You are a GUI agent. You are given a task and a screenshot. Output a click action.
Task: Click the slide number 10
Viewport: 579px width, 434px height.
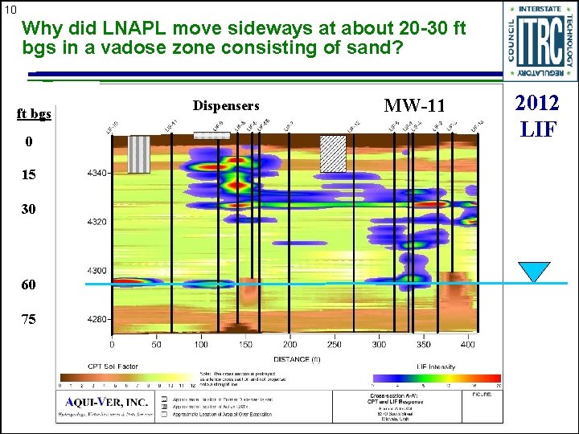tap(10, 10)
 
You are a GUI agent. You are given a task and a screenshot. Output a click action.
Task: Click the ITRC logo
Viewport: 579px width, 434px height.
tap(539, 40)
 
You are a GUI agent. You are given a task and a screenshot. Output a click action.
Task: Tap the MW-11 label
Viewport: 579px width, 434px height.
tap(413, 106)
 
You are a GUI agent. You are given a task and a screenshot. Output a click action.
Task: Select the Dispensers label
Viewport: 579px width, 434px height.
tap(226, 106)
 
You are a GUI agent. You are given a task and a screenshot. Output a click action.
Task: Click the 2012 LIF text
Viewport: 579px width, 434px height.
tap(537, 115)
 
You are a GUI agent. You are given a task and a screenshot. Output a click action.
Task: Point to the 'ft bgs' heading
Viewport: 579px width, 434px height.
tap(35, 113)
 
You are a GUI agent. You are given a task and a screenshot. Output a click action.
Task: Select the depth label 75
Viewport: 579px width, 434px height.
tap(29, 319)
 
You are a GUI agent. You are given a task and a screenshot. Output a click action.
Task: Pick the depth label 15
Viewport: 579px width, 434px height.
tap(29, 174)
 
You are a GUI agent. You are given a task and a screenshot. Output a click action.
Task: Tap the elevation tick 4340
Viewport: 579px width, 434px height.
tap(96, 174)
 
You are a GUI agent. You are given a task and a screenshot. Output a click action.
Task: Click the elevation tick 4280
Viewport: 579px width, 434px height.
tap(96, 319)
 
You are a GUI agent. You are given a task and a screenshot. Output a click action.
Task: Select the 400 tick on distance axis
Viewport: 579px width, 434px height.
tap(467, 344)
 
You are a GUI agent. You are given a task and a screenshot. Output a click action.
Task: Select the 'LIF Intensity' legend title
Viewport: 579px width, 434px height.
tap(433, 367)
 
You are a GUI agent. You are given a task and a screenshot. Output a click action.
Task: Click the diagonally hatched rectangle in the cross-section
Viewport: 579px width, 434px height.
tap(333, 153)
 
